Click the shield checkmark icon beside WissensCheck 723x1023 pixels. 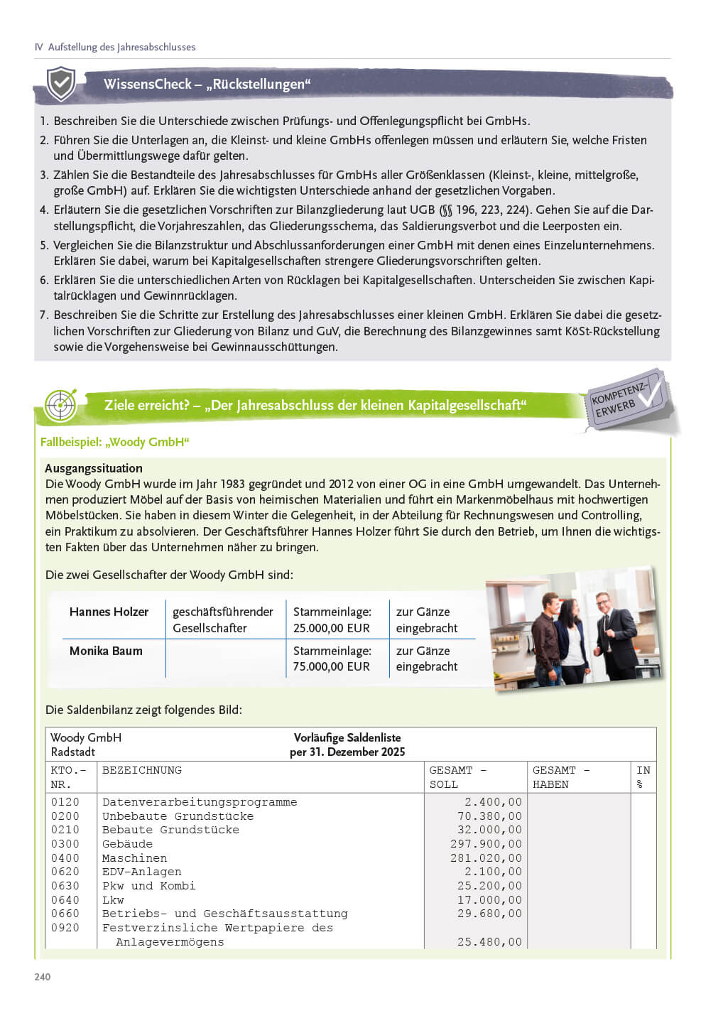coord(61,84)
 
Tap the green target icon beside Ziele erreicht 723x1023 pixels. coord(60,405)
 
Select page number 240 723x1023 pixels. coord(43,977)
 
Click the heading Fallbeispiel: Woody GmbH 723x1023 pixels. coord(115,442)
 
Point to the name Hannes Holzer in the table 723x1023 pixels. coord(109,612)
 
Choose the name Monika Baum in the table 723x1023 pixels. coord(106,651)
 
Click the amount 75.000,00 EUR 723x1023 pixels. coord(332,666)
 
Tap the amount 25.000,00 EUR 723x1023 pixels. coord(332,628)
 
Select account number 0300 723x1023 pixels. coord(65,844)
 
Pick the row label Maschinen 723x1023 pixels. coord(134,858)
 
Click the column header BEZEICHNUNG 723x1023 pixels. coord(142,770)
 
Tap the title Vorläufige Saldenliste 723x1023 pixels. coord(347,737)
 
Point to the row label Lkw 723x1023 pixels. coord(113,900)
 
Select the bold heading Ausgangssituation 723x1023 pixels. coord(94,468)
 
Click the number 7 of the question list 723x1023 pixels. coord(43,315)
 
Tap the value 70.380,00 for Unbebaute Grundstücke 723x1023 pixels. coord(489,816)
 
